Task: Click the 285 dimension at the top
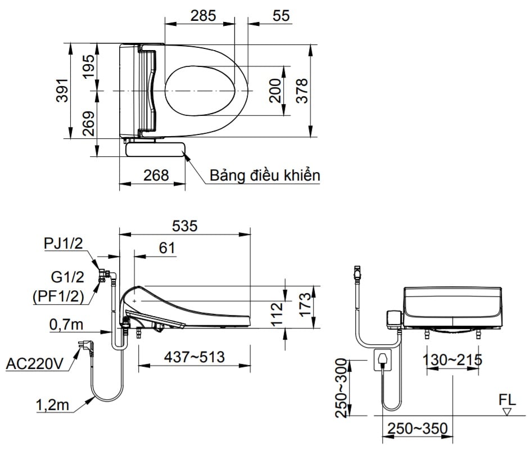point(203,15)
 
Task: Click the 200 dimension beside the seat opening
point(275,91)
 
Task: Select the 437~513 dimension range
point(194,357)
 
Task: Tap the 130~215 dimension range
point(453,359)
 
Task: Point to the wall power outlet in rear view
point(383,359)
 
